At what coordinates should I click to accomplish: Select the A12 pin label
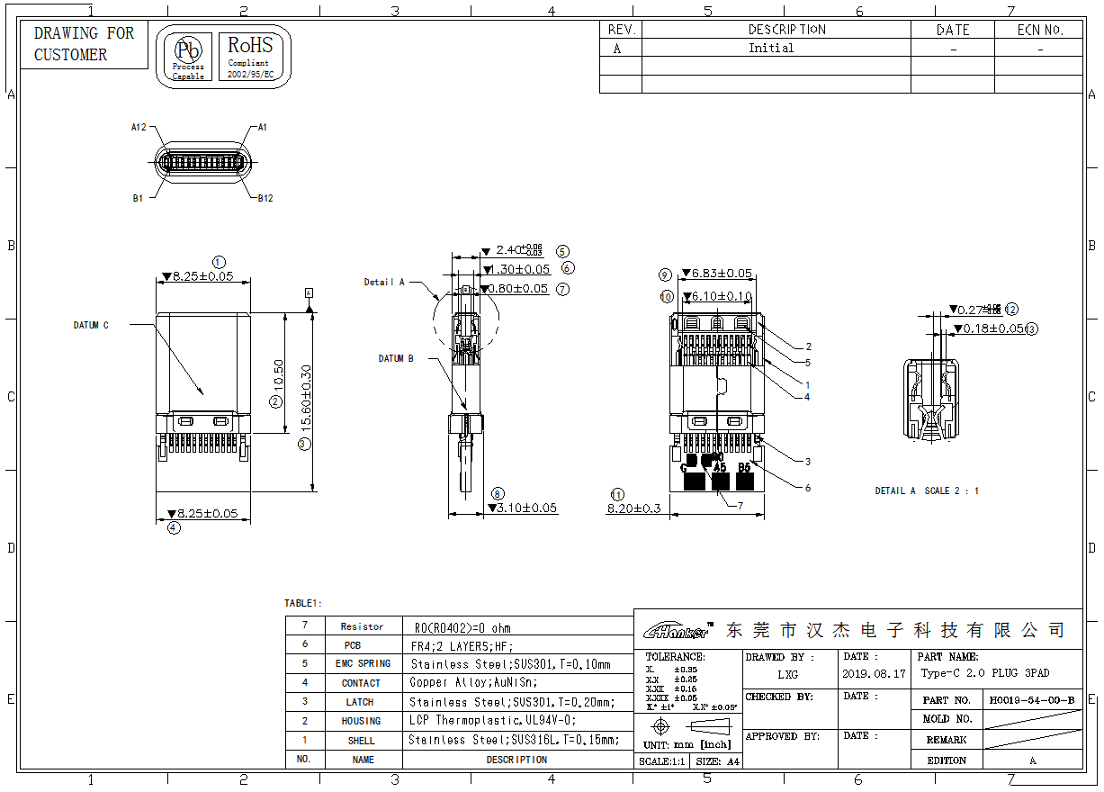click(139, 128)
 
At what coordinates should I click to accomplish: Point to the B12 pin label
click(265, 198)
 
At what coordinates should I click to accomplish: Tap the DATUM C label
click(91, 326)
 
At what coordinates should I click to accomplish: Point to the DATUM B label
click(396, 358)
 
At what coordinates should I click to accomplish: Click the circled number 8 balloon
click(498, 493)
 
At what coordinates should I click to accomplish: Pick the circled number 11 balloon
click(617, 494)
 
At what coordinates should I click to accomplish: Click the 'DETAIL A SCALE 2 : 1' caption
click(927, 490)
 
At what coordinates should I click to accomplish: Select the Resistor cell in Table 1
click(362, 626)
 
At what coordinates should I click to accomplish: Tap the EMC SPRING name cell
click(363, 664)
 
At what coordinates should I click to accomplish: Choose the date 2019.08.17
click(874, 673)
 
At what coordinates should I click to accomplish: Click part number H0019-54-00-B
click(1031, 699)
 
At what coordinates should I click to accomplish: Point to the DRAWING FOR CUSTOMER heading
click(84, 44)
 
